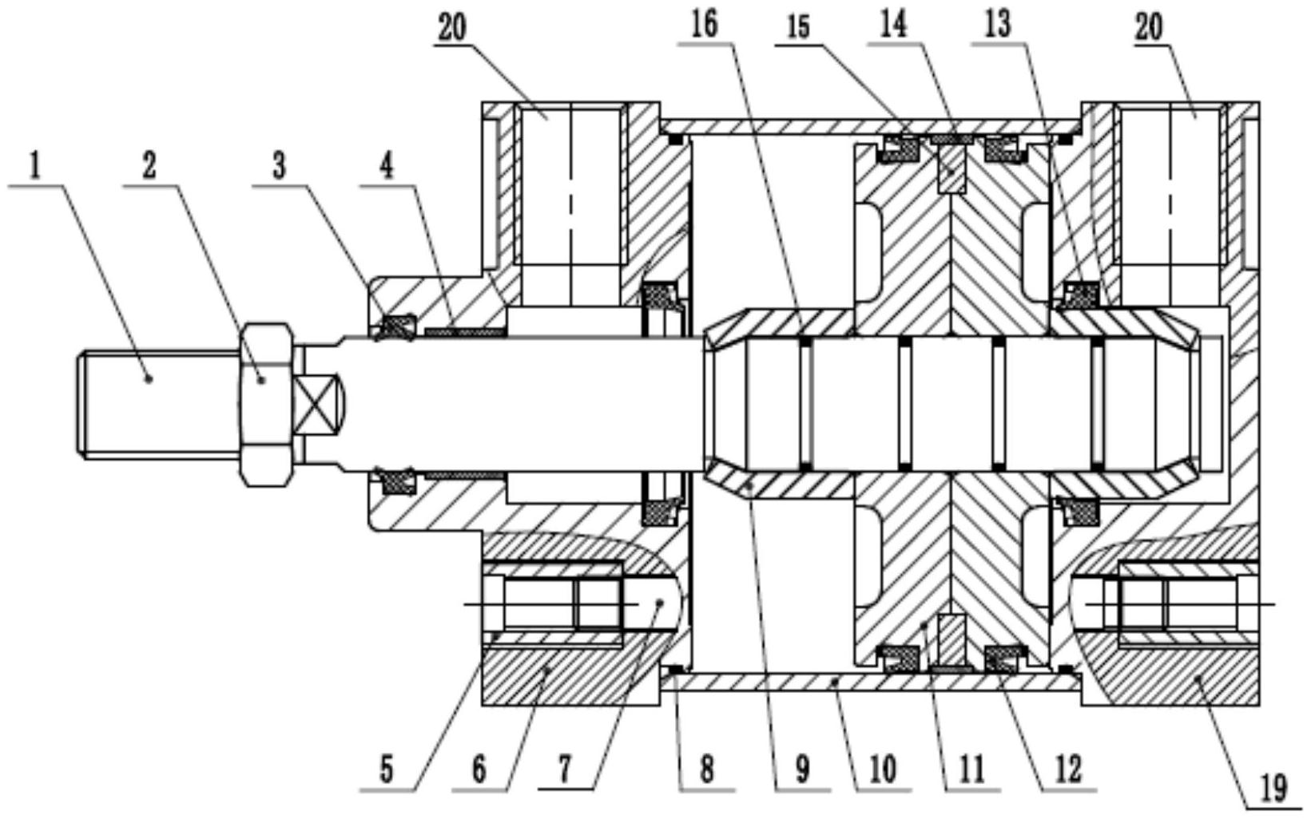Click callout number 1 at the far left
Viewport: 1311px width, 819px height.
(x=34, y=167)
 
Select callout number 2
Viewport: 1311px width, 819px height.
(x=149, y=167)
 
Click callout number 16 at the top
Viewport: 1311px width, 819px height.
(x=704, y=26)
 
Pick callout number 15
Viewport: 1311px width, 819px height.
(x=798, y=26)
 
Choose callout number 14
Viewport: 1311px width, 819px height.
(x=893, y=25)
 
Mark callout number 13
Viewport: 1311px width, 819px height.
(x=997, y=25)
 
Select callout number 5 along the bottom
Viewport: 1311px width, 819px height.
(x=386, y=771)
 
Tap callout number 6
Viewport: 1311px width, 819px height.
(x=479, y=771)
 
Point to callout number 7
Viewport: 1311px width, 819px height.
(x=565, y=770)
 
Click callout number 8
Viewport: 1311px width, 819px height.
(x=707, y=771)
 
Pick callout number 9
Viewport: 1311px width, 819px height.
(x=802, y=771)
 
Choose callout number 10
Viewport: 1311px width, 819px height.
(x=884, y=771)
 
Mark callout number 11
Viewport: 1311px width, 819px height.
(x=971, y=771)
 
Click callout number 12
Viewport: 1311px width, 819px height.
(x=1068, y=771)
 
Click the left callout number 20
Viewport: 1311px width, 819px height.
(x=451, y=29)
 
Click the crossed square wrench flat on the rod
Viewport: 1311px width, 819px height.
(x=318, y=403)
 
